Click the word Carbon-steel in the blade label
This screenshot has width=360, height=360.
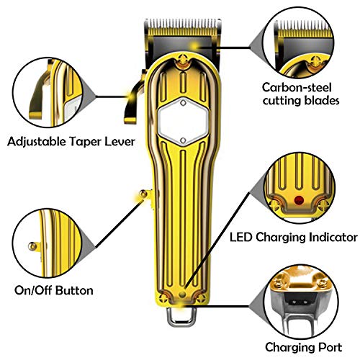point(297,88)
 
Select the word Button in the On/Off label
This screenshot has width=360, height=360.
point(74,290)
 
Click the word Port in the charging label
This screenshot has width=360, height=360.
point(330,347)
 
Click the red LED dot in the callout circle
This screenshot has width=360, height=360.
point(299,199)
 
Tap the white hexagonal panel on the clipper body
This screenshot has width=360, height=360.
point(183,122)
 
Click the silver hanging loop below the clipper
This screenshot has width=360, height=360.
point(181,317)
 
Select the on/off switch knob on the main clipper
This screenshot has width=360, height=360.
point(143,194)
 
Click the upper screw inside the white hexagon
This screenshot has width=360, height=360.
point(183,103)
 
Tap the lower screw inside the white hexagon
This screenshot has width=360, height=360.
point(183,140)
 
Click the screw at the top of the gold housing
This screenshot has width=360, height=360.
point(184,58)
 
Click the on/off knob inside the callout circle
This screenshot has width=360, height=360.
point(32,246)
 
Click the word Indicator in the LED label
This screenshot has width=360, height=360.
point(333,238)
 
